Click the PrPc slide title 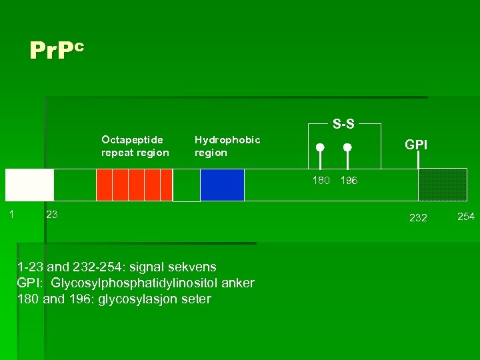pyautogui.click(x=57, y=51)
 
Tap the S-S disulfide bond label pyautogui.click(x=343, y=123)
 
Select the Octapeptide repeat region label pyautogui.click(x=135, y=146)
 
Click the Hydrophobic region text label pyautogui.click(x=227, y=146)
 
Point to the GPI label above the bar pyautogui.click(x=417, y=145)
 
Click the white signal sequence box pyautogui.click(x=29, y=185)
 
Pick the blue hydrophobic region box pyautogui.click(x=222, y=185)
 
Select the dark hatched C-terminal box pyautogui.click(x=442, y=185)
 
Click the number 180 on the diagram pyautogui.click(x=321, y=181)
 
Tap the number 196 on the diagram pyautogui.click(x=349, y=181)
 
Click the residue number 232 pyautogui.click(x=418, y=217)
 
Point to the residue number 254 pyautogui.click(x=466, y=215)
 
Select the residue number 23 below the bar pyautogui.click(x=51, y=214)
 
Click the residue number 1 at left pyautogui.click(x=11, y=213)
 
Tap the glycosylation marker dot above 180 pyautogui.click(x=320, y=147)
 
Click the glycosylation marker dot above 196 pyautogui.click(x=347, y=147)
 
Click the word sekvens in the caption pyautogui.click(x=193, y=267)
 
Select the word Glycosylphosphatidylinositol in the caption pyautogui.click(x=126, y=283)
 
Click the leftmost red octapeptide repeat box pyautogui.click(x=104, y=185)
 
